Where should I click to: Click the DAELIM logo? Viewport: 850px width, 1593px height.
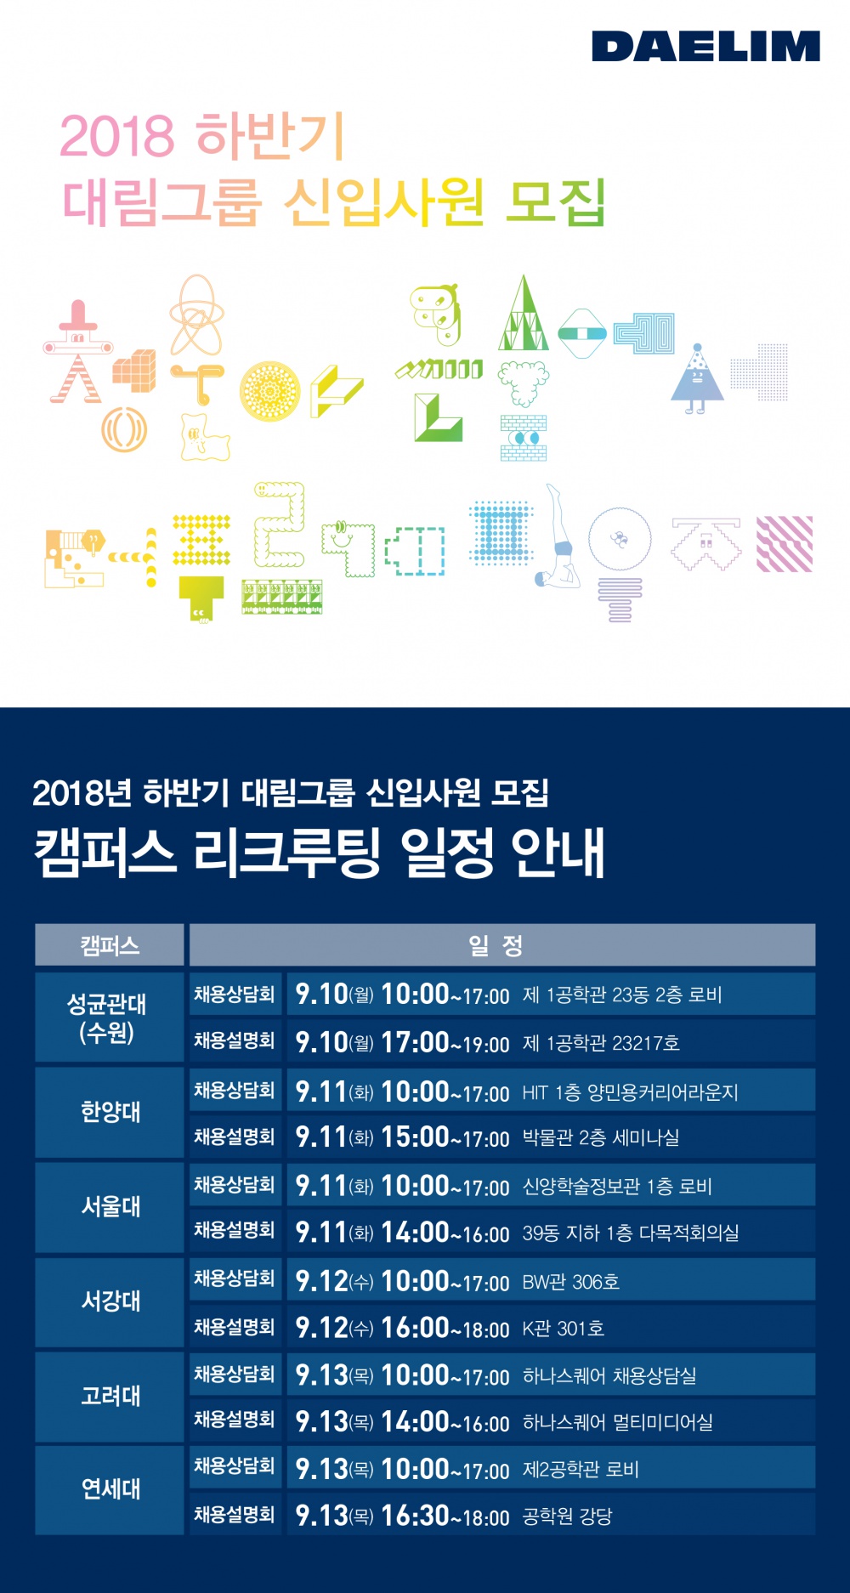point(705,47)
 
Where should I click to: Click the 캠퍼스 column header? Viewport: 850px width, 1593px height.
point(110,945)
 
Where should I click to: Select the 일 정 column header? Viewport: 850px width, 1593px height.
point(501,945)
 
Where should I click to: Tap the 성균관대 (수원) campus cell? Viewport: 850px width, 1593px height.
point(108,1018)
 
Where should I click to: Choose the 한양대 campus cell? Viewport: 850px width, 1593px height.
point(110,1112)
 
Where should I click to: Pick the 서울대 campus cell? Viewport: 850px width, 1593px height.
point(110,1206)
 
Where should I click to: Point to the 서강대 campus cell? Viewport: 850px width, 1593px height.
point(110,1301)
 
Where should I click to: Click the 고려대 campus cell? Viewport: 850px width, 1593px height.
point(110,1396)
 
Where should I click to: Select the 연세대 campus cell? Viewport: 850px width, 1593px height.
point(110,1489)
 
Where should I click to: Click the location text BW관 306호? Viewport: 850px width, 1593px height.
point(570,1282)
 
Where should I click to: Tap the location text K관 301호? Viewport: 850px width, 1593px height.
point(563,1329)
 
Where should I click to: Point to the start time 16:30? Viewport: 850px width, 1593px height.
point(415,1515)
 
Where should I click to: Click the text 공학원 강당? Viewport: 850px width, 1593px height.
point(567,1516)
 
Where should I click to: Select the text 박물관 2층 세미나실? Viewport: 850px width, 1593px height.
point(600,1138)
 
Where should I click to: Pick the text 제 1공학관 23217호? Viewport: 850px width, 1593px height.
point(601,1043)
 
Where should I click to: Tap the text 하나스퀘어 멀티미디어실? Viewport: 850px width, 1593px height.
point(617,1422)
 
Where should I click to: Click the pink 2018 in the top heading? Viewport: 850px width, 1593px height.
point(116,137)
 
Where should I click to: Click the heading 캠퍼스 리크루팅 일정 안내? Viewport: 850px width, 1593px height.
point(319,853)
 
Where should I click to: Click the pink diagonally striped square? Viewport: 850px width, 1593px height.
point(785,544)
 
